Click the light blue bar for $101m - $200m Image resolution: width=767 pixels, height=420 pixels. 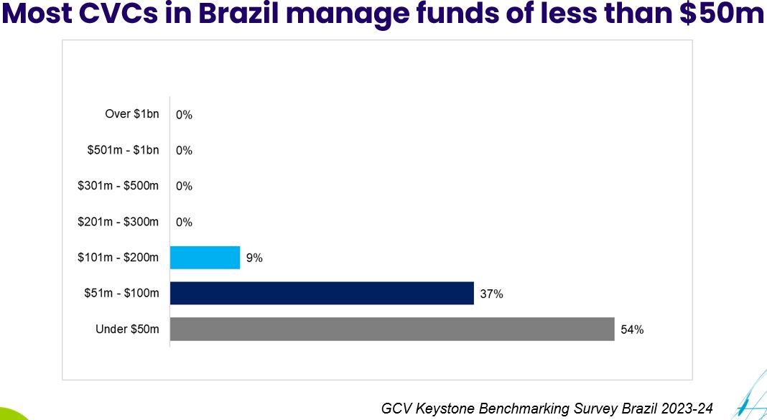click(x=205, y=258)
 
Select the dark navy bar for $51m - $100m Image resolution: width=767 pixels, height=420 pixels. click(x=322, y=293)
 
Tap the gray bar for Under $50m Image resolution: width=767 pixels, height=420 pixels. click(x=392, y=329)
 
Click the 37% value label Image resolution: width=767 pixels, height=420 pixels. click(x=492, y=294)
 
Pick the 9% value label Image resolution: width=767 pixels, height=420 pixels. click(x=254, y=258)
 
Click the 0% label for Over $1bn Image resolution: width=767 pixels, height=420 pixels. click(x=184, y=115)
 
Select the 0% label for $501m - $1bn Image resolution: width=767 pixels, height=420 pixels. click(x=184, y=151)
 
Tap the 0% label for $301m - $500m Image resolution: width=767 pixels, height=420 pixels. click(x=184, y=186)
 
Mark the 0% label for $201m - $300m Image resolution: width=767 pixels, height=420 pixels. click(x=184, y=222)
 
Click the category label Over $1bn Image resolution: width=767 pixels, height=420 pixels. click(x=131, y=113)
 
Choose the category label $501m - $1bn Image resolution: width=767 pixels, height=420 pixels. click(x=123, y=149)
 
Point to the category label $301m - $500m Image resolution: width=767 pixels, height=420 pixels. click(x=118, y=185)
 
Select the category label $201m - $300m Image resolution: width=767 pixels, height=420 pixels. click(x=118, y=221)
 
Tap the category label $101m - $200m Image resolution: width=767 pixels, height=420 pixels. click(x=118, y=257)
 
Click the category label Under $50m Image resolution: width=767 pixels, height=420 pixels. click(x=127, y=329)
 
